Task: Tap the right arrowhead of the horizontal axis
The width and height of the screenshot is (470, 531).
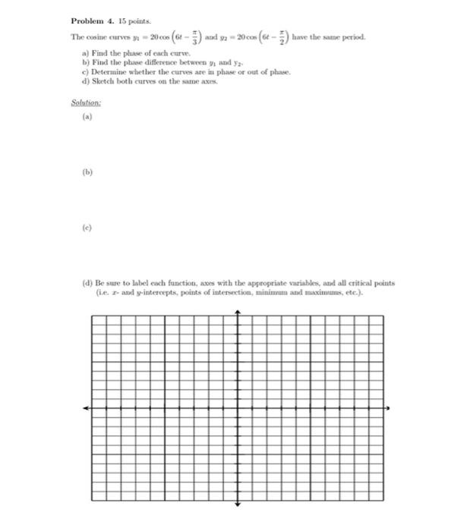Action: (x=390, y=408)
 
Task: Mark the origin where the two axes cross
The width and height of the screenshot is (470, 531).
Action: (x=238, y=408)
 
